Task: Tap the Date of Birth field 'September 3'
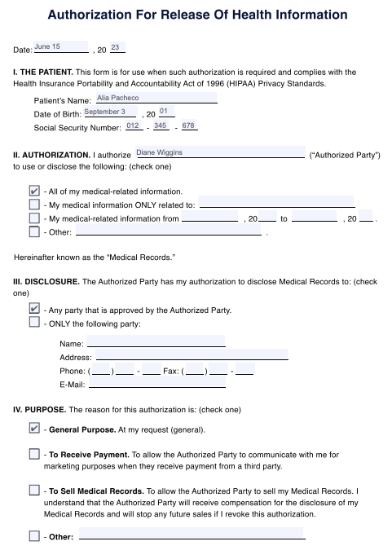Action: (x=109, y=112)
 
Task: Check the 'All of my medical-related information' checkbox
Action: (x=34, y=191)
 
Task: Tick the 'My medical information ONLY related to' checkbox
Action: (x=34, y=205)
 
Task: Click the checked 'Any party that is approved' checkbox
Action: (x=34, y=310)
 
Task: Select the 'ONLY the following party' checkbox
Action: (x=34, y=323)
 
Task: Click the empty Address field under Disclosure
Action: (x=192, y=355)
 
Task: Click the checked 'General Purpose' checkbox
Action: (x=34, y=428)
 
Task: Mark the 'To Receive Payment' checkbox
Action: (x=34, y=454)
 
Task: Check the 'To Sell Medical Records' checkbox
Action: (x=34, y=491)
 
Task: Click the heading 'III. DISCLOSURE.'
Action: (x=46, y=281)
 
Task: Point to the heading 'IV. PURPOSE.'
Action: (x=40, y=408)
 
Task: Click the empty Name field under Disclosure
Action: (x=156, y=342)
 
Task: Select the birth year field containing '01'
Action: (x=165, y=112)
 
